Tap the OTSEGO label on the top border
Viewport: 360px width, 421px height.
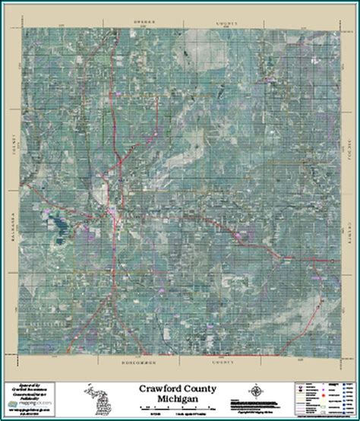coord(144,22)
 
